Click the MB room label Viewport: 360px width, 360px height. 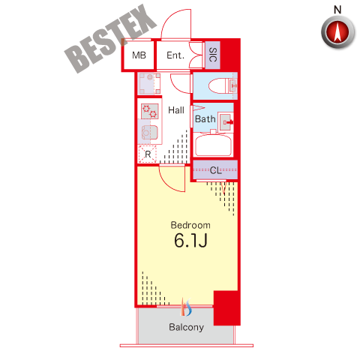(139, 55)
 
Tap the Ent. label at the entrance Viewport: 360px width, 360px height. (175, 55)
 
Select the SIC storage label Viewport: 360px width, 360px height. (213, 55)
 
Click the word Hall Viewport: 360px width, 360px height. (176, 110)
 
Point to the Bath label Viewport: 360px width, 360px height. (205, 119)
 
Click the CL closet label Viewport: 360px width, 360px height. (216, 170)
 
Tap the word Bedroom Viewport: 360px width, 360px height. (190, 225)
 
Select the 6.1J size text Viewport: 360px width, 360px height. (190, 240)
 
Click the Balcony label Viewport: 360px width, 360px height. (186, 327)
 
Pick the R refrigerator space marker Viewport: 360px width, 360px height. (148, 154)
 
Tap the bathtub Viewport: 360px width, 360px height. (213, 145)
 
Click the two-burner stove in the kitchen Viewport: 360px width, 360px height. (150, 111)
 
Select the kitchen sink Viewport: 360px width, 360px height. (149, 132)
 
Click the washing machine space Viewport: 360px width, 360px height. (149, 83)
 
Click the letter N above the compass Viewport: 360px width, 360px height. (337, 10)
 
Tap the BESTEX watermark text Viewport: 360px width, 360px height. (110, 39)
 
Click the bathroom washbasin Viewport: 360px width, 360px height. (226, 122)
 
